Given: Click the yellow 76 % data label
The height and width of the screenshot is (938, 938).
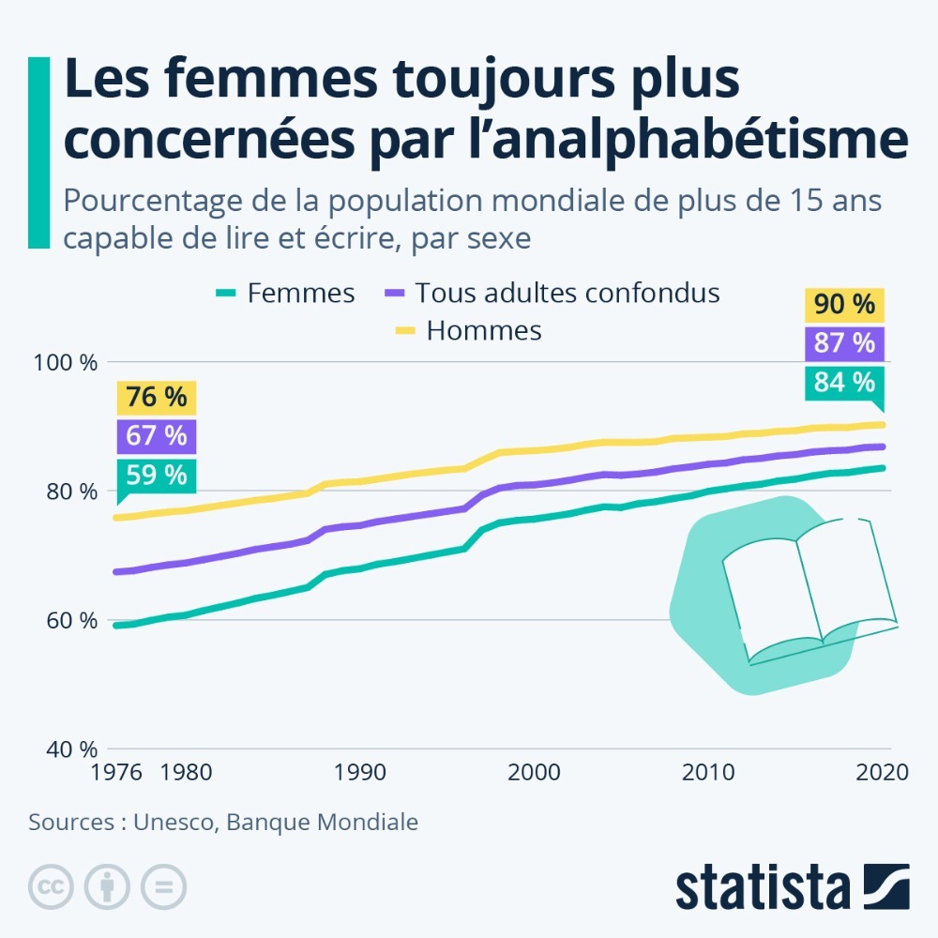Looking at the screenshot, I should click(x=157, y=398).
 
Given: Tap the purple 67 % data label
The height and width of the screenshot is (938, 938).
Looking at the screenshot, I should click(x=157, y=436).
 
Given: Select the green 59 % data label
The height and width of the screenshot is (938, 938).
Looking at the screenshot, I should click(x=157, y=475).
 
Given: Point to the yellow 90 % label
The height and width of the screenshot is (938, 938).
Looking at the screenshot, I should click(x=844, y=305).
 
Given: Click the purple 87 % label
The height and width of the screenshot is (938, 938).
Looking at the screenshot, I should click(x=844, y=343).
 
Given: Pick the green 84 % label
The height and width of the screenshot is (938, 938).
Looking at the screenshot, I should click(x=844, y=382).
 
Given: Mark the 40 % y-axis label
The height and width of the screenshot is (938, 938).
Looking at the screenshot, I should click(x=73, y=749).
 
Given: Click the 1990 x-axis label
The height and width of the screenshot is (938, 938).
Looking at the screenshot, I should click(x=360, y=773).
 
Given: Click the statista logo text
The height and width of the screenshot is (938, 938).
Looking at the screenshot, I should click(x=762, y=887).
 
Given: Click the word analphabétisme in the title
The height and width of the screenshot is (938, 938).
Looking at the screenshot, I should click(x=718, y=140).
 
